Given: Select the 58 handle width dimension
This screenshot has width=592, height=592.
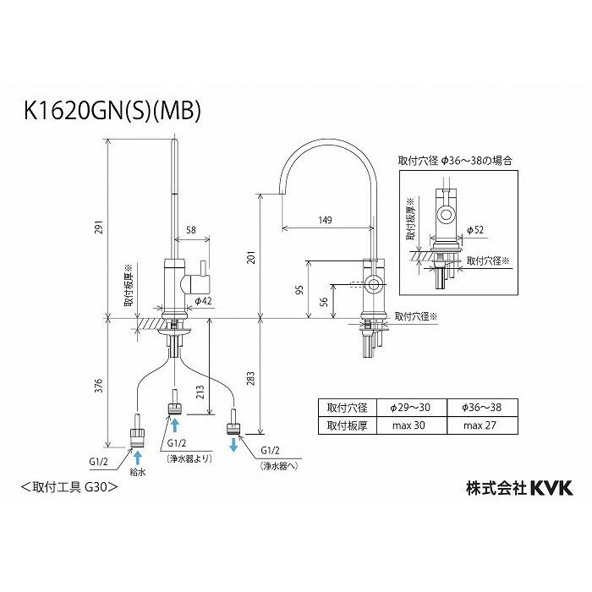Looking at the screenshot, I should click(x=192, y=230).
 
